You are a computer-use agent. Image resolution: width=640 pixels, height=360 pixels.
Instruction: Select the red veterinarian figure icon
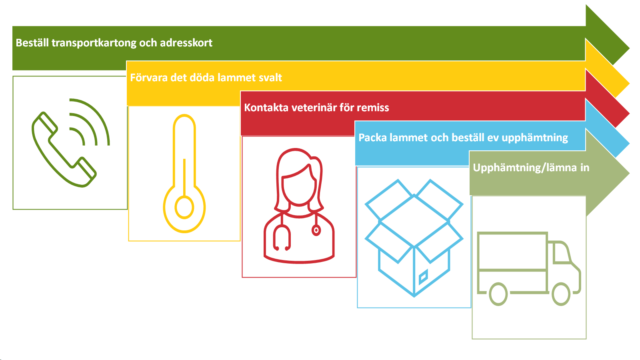[299, 206]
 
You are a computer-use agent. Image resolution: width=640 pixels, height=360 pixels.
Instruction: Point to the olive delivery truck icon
[529, 268]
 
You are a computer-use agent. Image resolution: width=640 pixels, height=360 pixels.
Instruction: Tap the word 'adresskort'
[186, 42]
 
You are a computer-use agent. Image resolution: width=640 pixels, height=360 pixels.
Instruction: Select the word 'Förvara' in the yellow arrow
[148, 78]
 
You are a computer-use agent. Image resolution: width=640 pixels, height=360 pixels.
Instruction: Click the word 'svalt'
[270, 78]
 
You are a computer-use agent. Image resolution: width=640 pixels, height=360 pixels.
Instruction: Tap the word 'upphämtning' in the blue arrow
[535, 138]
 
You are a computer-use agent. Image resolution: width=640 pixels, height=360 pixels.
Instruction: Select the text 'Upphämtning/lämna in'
[531, 168]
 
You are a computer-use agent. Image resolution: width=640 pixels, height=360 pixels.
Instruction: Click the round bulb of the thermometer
[184, 208]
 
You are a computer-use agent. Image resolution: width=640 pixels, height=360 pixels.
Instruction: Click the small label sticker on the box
[423, 276]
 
